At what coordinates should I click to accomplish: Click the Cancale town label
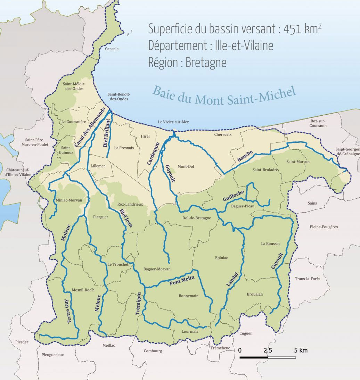point(112,49)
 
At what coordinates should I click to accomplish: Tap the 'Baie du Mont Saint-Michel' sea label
point(224,96)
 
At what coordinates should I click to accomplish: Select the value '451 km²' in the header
point(302,29)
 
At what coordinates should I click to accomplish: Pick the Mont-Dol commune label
point(186,167)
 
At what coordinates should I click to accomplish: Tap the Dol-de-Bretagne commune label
point(196,218)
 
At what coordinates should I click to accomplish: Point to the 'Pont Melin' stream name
point(181,280)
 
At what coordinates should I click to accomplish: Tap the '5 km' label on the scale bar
point(301,350)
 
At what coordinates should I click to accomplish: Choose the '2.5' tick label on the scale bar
point(268,350)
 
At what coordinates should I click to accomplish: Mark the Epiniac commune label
point(221,258)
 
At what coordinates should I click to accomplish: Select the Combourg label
point(153,351)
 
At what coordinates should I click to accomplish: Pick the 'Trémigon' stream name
point(139,303)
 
